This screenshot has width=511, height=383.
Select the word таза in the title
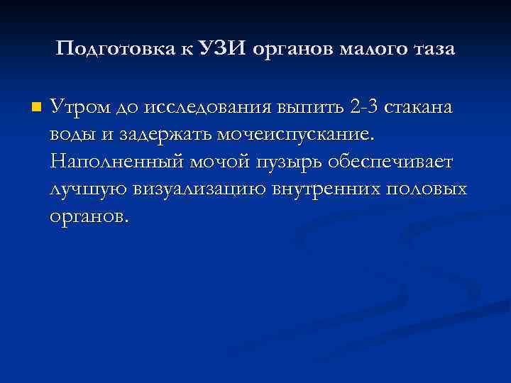tap(431, 50)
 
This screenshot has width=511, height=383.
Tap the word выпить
tap(312, 108)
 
